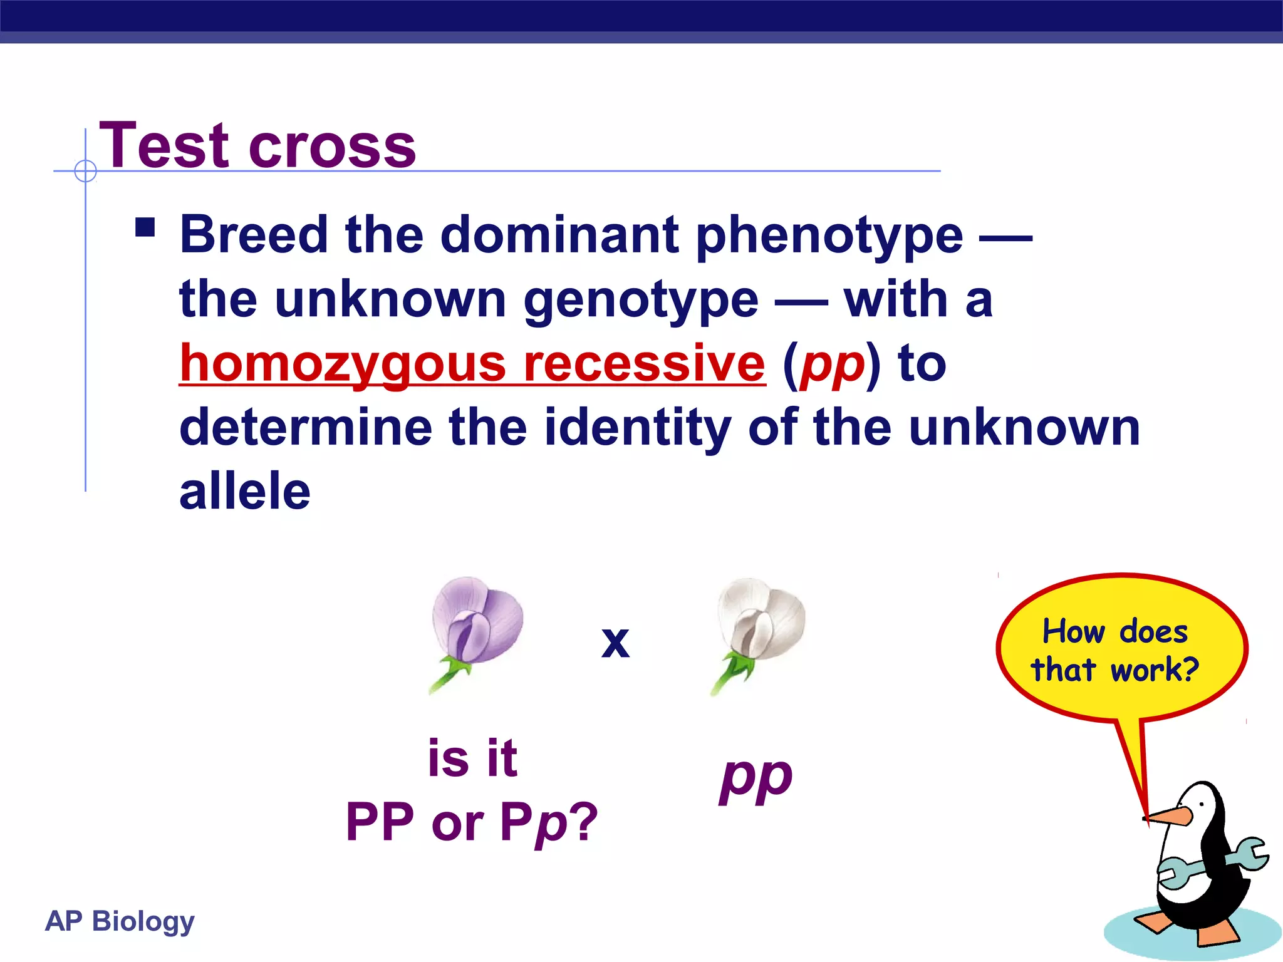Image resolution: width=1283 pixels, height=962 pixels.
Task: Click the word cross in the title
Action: (x=332, y=148)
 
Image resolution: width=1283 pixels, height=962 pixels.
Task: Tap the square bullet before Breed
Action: (x=145, y=227)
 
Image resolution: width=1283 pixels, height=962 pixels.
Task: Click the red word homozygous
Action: (x=342, y=365)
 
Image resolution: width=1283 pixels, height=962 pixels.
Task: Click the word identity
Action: (x=637, y=428)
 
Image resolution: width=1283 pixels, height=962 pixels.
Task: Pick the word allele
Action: (x=245, y=492)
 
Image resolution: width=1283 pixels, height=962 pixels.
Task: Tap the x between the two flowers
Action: (x=615, y=642)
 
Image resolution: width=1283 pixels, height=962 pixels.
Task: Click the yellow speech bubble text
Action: (x=1115, y=650)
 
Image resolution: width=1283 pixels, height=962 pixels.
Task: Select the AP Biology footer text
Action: (x=120, y=921)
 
